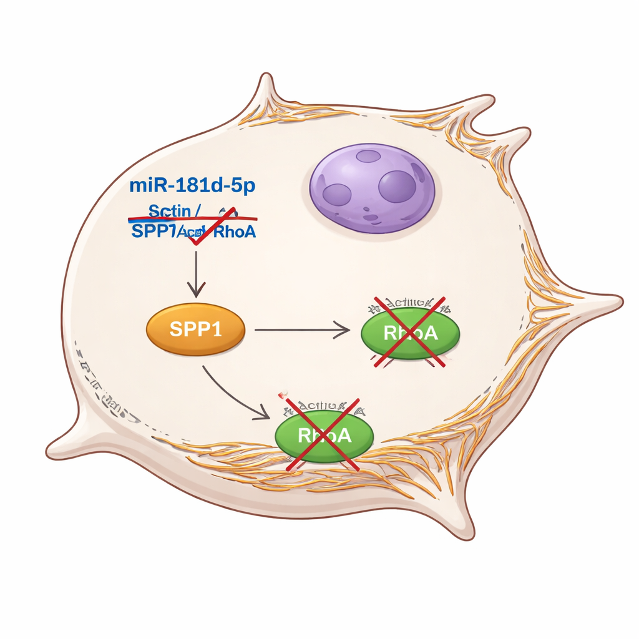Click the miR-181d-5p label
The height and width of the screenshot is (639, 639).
click(193, 185)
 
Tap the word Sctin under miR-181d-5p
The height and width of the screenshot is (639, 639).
click(169, 211)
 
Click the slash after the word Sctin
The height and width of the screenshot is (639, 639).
click(197, 212)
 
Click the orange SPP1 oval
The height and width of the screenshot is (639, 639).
click(195, 329)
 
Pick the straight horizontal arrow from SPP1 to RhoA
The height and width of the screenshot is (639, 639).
click(302, 329)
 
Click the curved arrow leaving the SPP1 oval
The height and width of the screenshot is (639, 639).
click(234, 393)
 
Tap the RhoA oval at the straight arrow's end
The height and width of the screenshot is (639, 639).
click(410, 332)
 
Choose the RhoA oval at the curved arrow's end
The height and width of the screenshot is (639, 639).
click(324, 434)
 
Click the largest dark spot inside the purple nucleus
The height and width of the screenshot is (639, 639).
click(397, 186)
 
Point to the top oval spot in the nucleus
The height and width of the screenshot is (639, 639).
click(368, 156)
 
